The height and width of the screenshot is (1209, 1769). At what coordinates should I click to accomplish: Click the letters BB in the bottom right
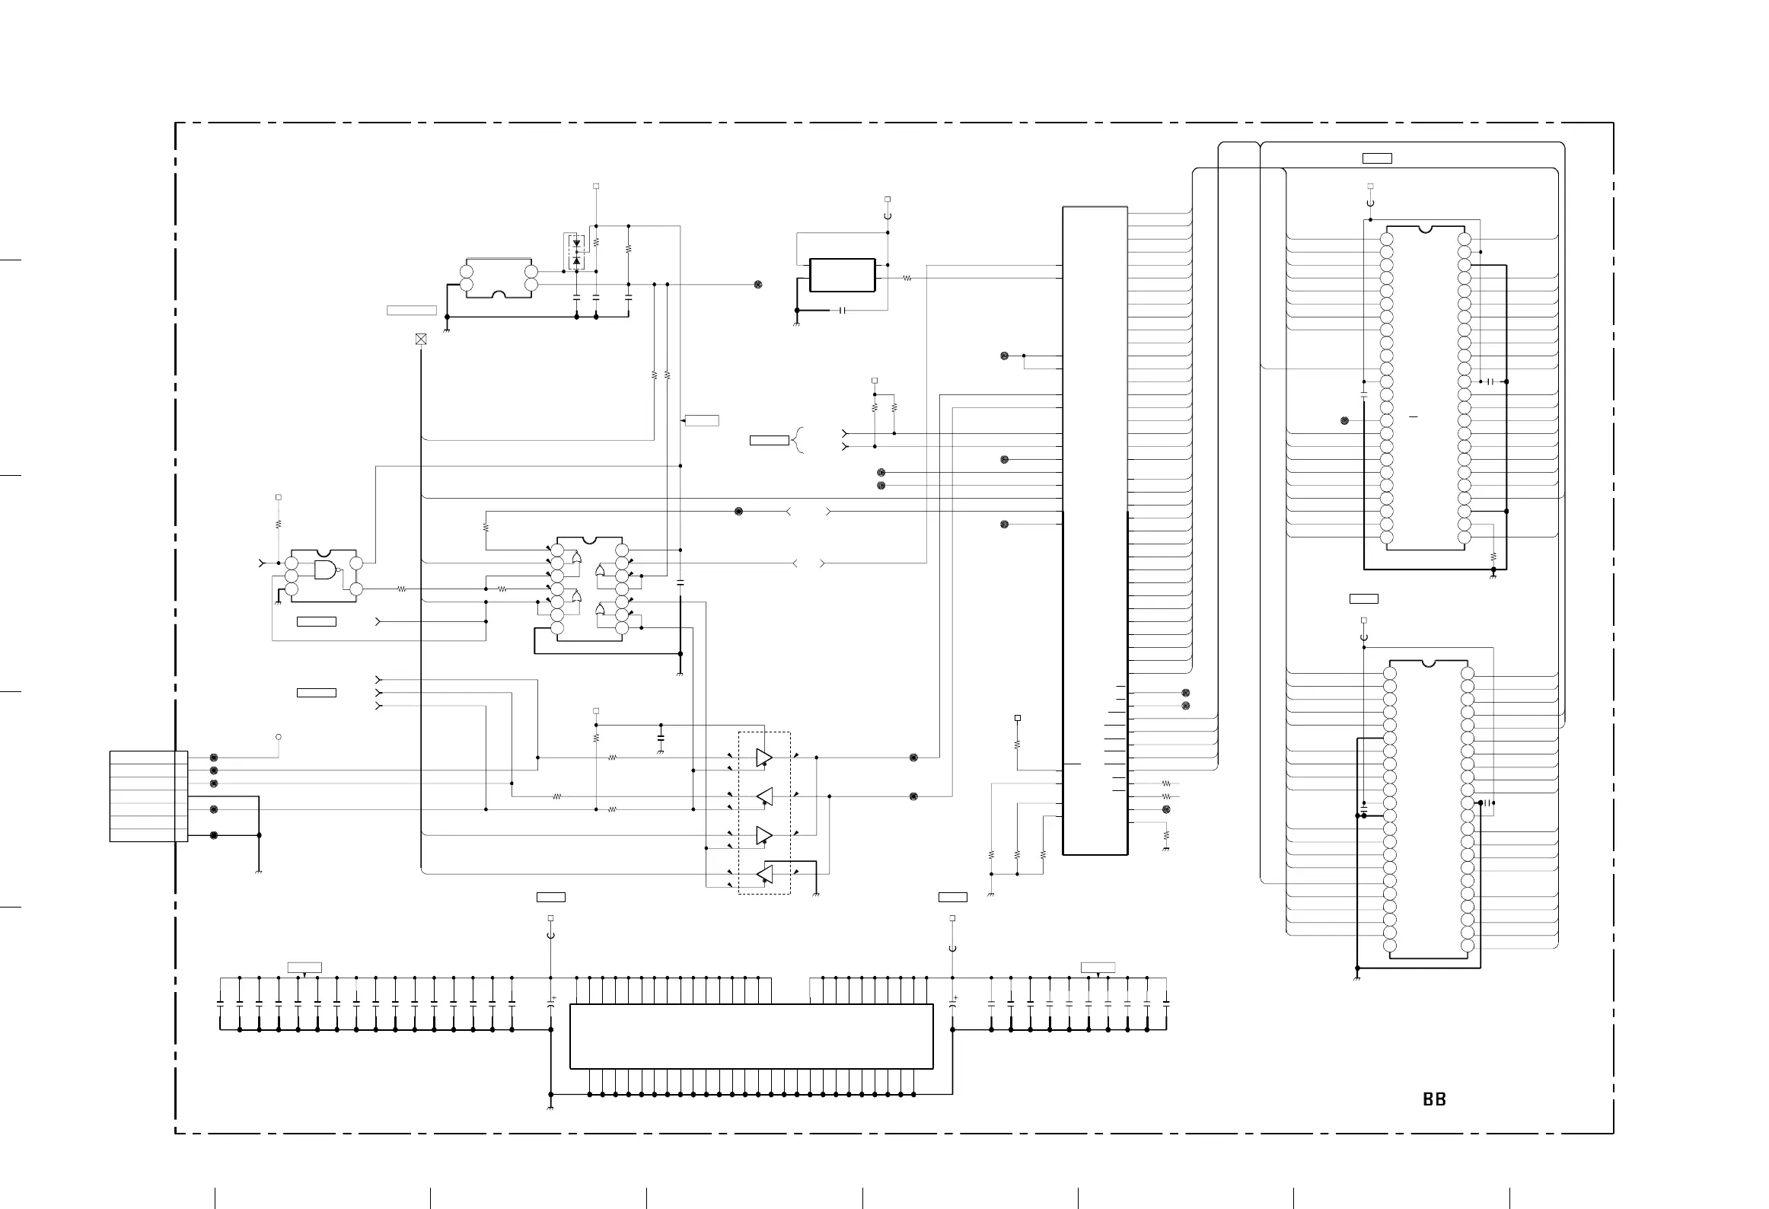coord(1434,1099)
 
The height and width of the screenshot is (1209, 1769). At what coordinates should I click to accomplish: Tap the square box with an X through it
coord(421,339)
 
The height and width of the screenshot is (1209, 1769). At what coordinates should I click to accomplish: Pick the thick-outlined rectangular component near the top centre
coord(842,275)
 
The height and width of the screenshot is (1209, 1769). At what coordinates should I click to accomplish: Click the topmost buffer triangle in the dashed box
coord(764,758)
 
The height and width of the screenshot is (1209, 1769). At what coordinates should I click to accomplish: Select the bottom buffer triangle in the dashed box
coord(765,874)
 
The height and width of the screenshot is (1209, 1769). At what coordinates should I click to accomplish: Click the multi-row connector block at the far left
coord(148,796)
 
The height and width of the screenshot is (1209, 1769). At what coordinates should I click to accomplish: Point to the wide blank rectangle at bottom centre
coord(751,1036)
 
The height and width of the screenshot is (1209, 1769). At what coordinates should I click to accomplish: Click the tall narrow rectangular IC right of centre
coord(1095,530)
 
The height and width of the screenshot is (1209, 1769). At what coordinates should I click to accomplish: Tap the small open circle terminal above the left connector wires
coord(279,737)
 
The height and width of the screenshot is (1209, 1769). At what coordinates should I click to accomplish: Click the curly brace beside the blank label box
coord(798,440)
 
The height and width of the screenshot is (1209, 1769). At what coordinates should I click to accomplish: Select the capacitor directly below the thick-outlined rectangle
coord(842,311)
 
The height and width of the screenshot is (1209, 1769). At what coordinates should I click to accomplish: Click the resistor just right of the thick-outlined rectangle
coord(907,279)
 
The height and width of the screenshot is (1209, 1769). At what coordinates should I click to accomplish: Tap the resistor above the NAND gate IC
coord(279,524)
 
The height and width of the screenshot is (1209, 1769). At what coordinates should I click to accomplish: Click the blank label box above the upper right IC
coord(1377,158)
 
